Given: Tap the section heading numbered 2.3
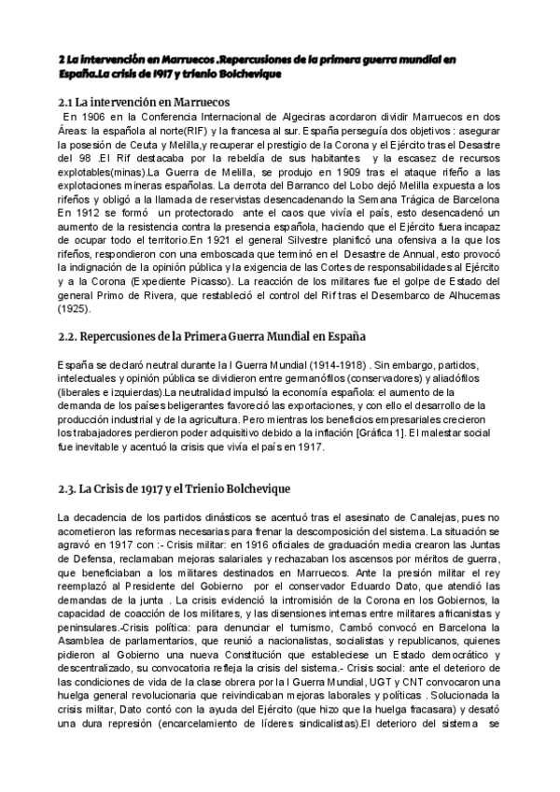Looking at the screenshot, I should pyautogui.click(x=175, y=488).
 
